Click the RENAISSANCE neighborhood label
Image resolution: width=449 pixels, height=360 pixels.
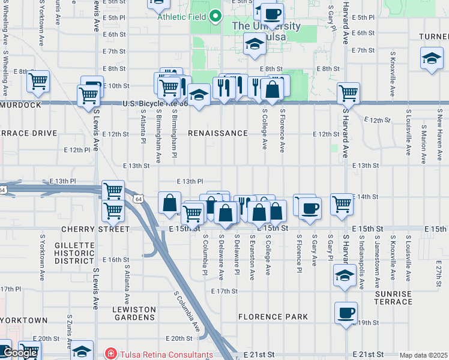pyautogui.click(x=218, y=133)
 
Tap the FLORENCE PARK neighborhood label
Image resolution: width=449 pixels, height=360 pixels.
pyautogui.click(x=273, y=317)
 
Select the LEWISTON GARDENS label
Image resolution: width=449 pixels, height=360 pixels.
pyautogui.click(x=134, y=314)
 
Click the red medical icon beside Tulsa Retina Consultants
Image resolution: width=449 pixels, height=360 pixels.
pyautogui.click(x=110, y=355)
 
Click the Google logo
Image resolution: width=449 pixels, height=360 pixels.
pyautogui.click(x=20, y=353)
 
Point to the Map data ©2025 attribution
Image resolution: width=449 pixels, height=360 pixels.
pyautogui.click(x=423, y=355)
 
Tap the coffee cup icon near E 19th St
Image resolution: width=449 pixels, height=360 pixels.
pyautogui.click(x=346, y=313)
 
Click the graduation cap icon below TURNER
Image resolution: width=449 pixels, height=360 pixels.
pyautogui.click(x=431, y=58)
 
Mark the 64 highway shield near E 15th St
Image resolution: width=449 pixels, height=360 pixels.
pyautogui.click(x=139, y=199)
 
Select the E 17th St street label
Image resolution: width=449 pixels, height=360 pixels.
pyautogui.click(x=225, y=291)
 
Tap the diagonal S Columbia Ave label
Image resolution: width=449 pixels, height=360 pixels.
pyautogui.click(x=187, y=311)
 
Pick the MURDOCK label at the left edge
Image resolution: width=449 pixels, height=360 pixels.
pyautogui.click(x=20, y=105)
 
